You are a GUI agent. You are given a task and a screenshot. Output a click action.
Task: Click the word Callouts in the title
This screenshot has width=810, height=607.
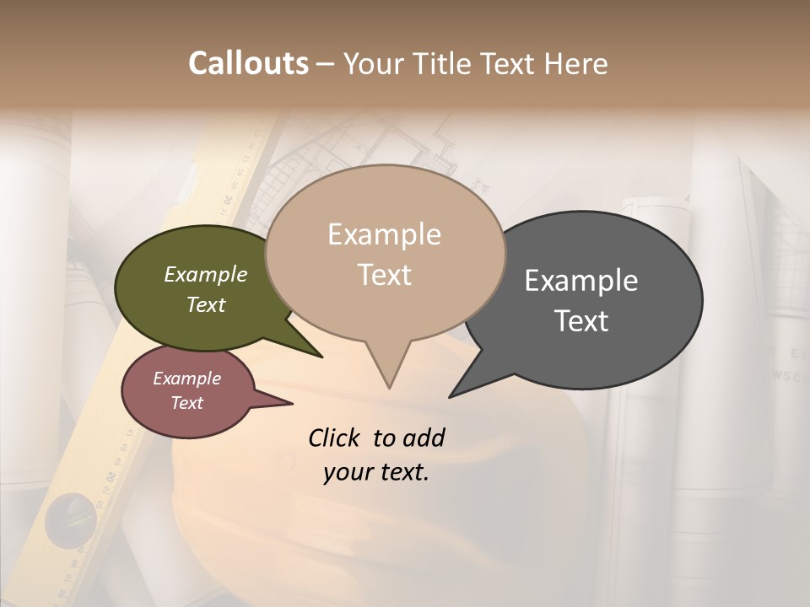(248, 63)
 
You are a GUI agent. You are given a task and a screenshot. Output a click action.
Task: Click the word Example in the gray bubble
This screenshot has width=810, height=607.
(581, 281)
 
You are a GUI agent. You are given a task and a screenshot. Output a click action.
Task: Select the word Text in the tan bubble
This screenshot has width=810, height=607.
(385, 275)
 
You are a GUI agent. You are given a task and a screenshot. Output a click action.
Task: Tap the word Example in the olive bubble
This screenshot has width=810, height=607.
(206, 275)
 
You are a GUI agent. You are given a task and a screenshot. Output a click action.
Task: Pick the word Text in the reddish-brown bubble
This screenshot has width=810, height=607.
(187, 403)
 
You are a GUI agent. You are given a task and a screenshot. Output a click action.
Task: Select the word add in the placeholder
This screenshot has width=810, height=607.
(424, 438)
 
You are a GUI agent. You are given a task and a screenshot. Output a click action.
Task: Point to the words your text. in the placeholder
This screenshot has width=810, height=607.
(376, 472)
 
